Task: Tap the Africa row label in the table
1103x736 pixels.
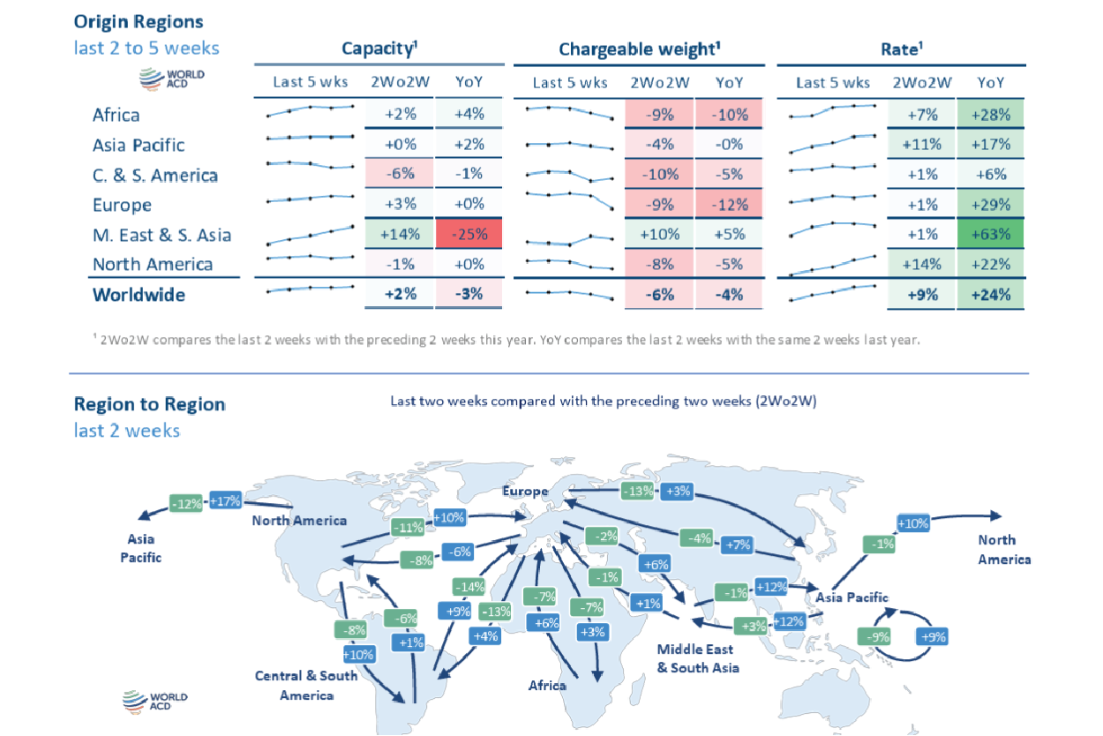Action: [116, 115]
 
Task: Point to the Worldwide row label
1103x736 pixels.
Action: [139, 295]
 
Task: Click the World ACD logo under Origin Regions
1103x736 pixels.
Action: [172, 79]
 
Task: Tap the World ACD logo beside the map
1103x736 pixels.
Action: [154, 702]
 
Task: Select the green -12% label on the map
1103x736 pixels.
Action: [186, 504]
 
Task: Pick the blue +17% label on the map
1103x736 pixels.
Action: [225, 501]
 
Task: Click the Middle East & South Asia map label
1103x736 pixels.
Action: [697, 658]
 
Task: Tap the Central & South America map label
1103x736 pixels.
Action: [306, 686]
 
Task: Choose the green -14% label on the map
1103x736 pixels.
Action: [469, 587]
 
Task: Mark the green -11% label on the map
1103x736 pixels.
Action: [407, 528]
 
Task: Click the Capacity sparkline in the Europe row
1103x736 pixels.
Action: [310, 199]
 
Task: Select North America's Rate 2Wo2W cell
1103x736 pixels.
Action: [922, 265]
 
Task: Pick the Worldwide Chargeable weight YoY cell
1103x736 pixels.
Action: [729, 295]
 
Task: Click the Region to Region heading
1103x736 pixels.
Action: [149, 404]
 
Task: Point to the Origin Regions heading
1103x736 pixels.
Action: [139, 21]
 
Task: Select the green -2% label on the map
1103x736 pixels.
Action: [605, 536]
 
